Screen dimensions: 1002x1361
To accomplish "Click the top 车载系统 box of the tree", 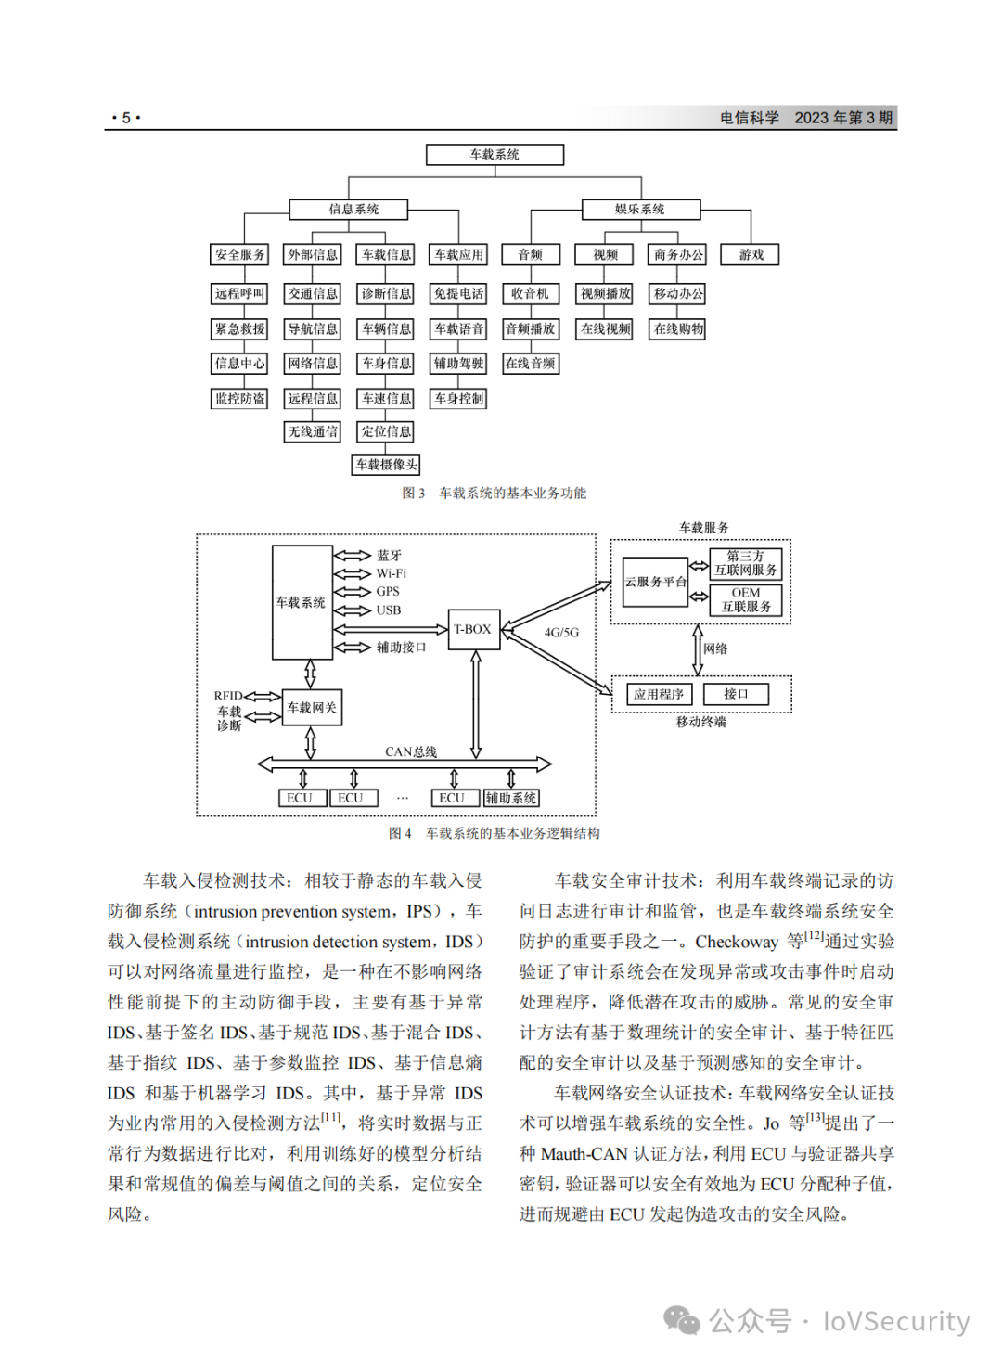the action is click(495, 154).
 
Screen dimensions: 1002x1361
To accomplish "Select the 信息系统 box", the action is click(348, 209).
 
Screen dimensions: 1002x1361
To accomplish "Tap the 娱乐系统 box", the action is click(641, 209).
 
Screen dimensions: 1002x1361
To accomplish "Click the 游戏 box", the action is click(750, 254).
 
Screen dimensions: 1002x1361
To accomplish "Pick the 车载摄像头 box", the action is click(386, 465).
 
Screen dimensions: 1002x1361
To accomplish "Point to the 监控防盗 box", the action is click(239, 399).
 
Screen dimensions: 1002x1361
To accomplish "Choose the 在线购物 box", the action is click(677, 329).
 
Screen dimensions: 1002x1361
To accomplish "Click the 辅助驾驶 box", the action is click(458, 364).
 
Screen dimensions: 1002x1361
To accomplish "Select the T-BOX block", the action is click(474, 629).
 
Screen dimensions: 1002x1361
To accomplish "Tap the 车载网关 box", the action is click(312, 707).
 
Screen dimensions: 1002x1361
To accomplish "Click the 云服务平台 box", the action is click(655, 582).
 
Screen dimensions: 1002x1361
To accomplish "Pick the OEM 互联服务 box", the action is click(746, 599).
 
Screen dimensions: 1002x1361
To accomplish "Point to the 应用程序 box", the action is click(659, 694).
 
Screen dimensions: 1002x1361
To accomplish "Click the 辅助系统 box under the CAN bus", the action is click(511, 798).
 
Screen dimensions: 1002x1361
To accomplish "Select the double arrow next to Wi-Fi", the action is click(352, 573).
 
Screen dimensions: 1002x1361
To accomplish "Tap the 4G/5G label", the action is click(561, 633).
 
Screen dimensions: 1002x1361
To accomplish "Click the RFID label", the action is click(228, 696).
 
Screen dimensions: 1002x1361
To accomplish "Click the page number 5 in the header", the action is click(126, 117).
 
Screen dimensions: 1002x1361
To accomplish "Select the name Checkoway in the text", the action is click(737, 942).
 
